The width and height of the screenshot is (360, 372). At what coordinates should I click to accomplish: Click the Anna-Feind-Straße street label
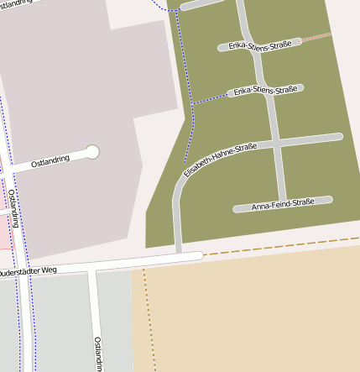pyautogui.click(x=283, y=203)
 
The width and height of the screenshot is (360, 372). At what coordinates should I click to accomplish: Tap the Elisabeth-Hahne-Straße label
pyautogui.click(x=220, y=160)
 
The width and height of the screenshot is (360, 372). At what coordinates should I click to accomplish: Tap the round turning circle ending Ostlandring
pyautogui.click(x=92, y=151)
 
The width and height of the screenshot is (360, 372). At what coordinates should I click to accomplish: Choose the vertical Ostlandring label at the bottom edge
pyautogui.click(x=98, y=354)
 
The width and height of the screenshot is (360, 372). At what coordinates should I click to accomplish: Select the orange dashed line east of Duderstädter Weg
pyautogui.click(x=277, y=249)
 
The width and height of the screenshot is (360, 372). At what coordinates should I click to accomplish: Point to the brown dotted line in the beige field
pyautogui.click(x=149, y=319)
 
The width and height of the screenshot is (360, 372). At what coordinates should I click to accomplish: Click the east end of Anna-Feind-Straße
pyautogui.click(x=329, y=200)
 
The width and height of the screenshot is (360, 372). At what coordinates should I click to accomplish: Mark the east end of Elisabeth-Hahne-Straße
pyautogui.click(x=339, y=136)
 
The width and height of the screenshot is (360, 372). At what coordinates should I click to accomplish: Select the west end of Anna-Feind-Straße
pyautogui.click(x=237, y=208)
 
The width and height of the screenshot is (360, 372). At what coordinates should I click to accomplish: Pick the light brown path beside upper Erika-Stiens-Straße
pyautogui.click(x=316, y=37)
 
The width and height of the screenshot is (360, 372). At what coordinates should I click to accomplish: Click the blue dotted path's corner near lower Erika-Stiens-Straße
pyautogui.click(x=192, y=103)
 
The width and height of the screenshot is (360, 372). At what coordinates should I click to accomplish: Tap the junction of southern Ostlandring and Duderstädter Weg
pyautogui.click(x=93, y=268)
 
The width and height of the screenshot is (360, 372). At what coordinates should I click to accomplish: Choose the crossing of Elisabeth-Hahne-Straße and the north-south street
pyautogui.click(x=275, y=145)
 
